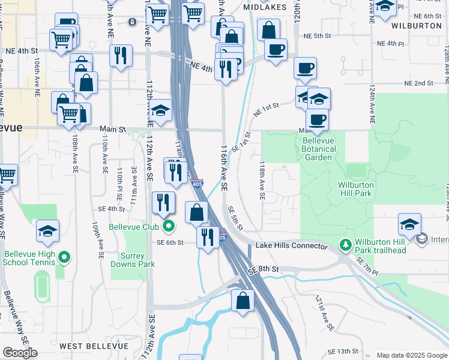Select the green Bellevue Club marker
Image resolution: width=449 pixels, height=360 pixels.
[169, 226]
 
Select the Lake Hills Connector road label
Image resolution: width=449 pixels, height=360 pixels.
[291, 246]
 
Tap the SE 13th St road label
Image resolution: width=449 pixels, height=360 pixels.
[343, 351]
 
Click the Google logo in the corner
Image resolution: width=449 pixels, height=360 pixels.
[20, 353]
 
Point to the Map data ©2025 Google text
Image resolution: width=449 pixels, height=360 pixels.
[412, 355]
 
